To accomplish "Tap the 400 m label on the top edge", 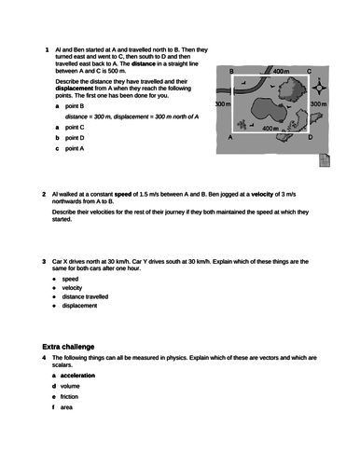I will tap(283, 71).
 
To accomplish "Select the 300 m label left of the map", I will tap(223, 104).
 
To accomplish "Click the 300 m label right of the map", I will tap(318, 104).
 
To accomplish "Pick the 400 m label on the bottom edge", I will tap(270, 128).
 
